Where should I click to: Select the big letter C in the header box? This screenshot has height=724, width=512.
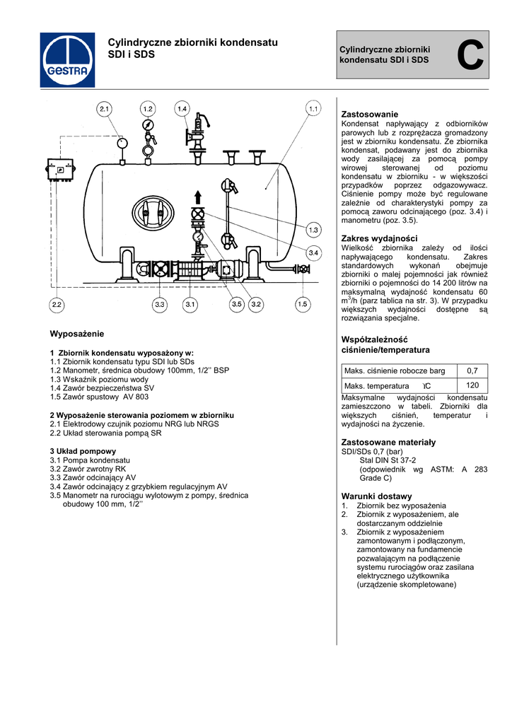[x=470, y=57]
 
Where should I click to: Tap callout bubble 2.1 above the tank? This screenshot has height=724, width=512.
[x=105, y=109]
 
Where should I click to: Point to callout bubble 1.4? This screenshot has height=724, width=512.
[x=182, y=109]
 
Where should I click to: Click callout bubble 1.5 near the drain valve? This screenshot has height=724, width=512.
[x=303, y=305]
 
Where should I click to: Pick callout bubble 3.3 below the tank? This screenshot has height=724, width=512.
[x=160, y=305]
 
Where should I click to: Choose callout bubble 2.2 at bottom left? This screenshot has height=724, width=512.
[x=57, y=305]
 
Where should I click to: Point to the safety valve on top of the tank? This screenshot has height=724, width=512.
[x=198, y=134]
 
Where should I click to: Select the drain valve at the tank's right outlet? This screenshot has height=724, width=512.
[x=303, y=269]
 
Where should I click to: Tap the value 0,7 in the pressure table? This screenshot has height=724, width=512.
[x=472, y=370]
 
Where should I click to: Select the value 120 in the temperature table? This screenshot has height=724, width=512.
[x=472, y=385]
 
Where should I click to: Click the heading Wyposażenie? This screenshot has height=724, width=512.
[x=77, y=333]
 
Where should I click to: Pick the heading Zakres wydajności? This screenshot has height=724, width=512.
[x=379, y=238]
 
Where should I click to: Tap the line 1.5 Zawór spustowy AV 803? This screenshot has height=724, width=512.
[x=100, y=397]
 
